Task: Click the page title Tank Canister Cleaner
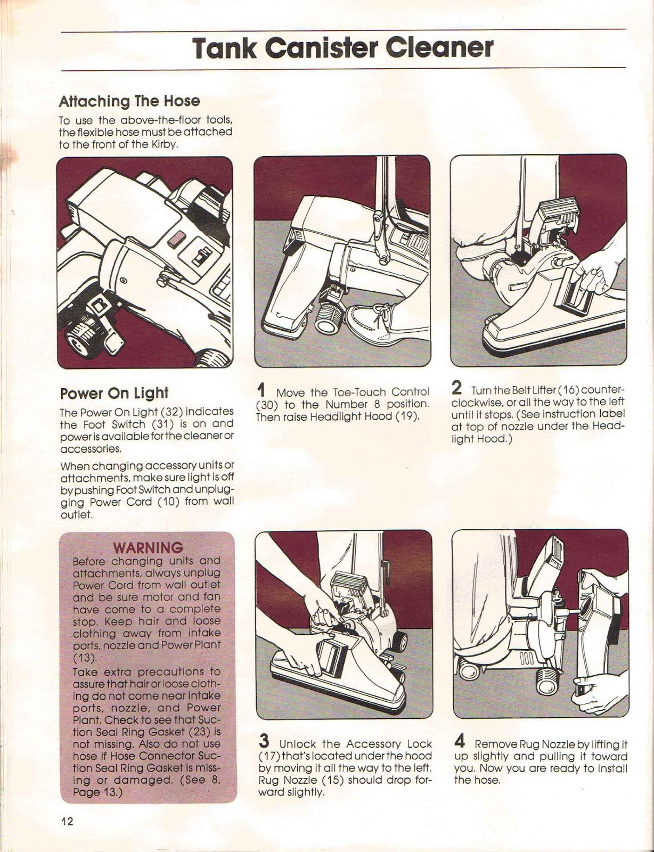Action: click(x=343, y=48)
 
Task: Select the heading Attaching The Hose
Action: click(x=129, y=101)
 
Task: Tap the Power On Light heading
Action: click(x=114, y=393)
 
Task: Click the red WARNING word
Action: click(x=148, y=547)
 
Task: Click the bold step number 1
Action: click(x=261, y=390)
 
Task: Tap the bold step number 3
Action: click(x=264, y=741)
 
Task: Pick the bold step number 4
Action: click(x=461, y=741)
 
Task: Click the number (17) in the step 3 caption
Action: click(x=266, y=756)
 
